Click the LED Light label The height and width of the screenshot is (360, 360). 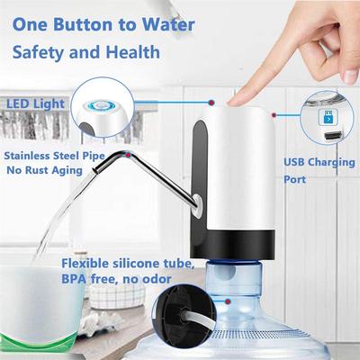(x=36, y=104)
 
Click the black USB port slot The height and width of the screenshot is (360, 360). (x=334, y=135)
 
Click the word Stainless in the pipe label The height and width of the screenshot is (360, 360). (x=27, y=156)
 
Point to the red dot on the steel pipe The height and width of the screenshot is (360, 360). (x=128, y=155)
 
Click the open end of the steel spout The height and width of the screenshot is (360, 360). (x=94, y=171)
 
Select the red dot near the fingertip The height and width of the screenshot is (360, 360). (x=211, y=103)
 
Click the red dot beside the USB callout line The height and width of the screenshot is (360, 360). (x=274, y=114)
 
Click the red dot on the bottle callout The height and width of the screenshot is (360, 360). (x=229, y=301)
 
